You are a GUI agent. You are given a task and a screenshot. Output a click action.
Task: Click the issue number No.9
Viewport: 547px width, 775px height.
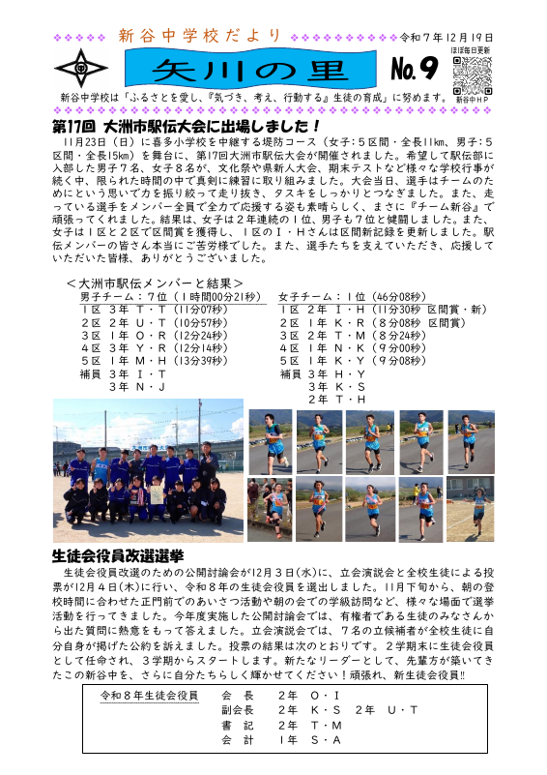tap(416, 69)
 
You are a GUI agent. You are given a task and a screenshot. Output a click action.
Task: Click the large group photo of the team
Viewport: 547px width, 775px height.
tap(148, 462)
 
